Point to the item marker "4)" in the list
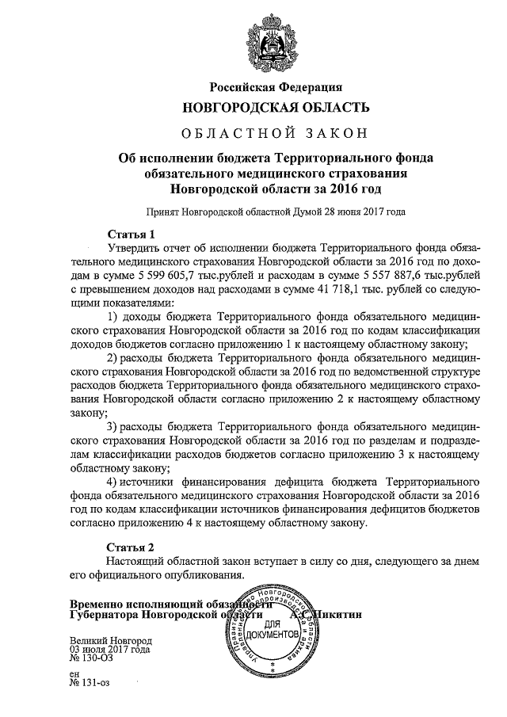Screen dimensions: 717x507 (112, 482)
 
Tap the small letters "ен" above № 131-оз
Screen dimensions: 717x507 (75, 674)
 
